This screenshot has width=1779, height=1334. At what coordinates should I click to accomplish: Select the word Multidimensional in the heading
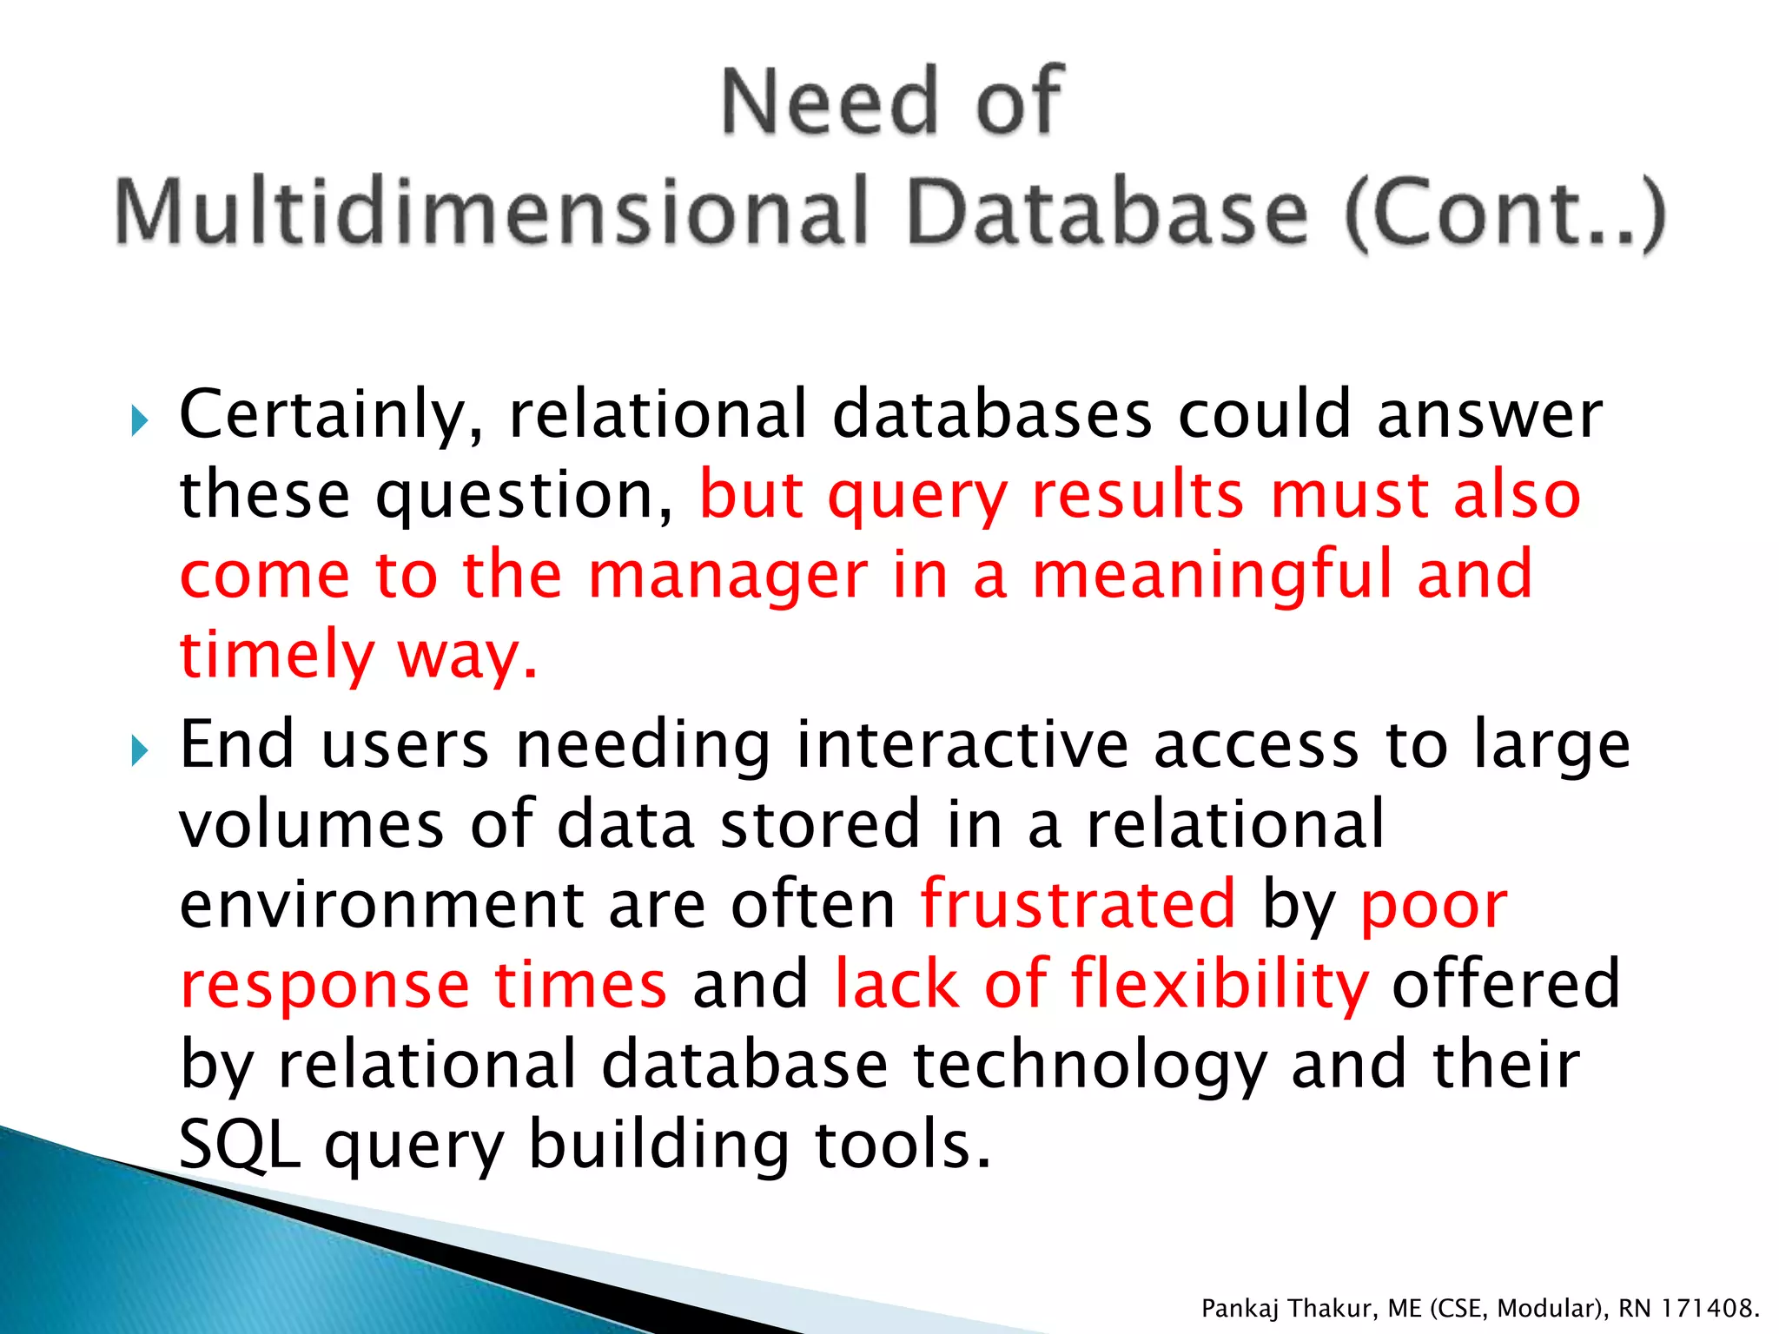pyautogui.click(x=492, y=211)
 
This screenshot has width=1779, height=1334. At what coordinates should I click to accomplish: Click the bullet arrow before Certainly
pyautogui.click(x=139, y=422)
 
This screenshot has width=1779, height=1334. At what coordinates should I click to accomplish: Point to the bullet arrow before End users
pyautogui.click(x=139, y=751)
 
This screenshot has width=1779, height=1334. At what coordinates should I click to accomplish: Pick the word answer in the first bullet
pyautogui.click(x=1489, y=414)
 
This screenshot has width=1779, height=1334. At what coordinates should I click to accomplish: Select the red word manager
pyautogui.click(x=728, y=575)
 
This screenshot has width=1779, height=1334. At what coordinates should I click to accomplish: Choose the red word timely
pyautogui.click(x=276, y=656)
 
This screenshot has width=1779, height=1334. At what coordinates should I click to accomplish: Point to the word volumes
pyautogui.click(x=312, y=824)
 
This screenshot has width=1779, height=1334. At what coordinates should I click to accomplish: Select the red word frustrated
pyautogui.click(x=1078, y=904)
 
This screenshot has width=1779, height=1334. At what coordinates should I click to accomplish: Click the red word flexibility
pyautogui.click(x=1220, y=985)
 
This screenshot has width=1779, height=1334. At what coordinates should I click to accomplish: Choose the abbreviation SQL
pyautogui.click(x=240, y=1145)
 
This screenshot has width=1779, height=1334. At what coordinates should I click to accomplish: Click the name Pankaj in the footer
pyautogui.click(x=1239, y=1308)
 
